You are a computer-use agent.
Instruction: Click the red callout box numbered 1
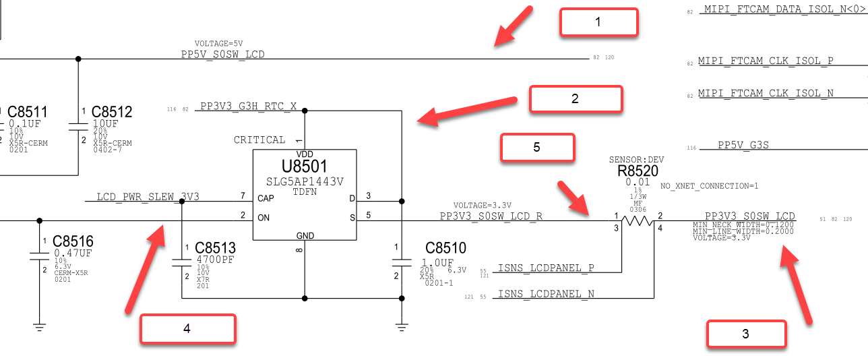[598, 22]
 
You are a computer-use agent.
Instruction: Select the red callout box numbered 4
[188, 329]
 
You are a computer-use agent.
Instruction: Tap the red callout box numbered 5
[538, 147]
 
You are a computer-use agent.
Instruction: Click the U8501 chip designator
[304, 167]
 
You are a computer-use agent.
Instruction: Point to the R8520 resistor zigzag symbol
[638, 221]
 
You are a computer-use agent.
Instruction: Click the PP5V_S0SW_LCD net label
[223, 55]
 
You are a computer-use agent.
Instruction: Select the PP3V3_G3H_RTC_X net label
[249, 106]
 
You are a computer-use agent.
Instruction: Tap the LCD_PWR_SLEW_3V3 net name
[148, 197]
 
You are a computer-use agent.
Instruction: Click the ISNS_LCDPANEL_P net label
[546, 268]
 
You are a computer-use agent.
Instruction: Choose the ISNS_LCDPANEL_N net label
[546, 294]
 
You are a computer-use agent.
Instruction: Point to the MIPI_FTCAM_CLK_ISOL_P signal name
[766, 61]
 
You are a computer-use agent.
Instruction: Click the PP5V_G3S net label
[743, 145]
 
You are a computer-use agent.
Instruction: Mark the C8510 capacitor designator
[445, 247]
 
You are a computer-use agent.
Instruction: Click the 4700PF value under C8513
[216, 260]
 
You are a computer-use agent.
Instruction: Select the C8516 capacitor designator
[73, 241]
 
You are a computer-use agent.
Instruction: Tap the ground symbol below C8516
[39, 327]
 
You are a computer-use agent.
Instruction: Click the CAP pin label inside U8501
[266, 198]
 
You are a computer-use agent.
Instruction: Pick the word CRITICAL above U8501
[259, 140]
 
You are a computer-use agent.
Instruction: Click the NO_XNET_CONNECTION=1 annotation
[709, 186]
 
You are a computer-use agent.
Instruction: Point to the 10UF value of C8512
[105, 123]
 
